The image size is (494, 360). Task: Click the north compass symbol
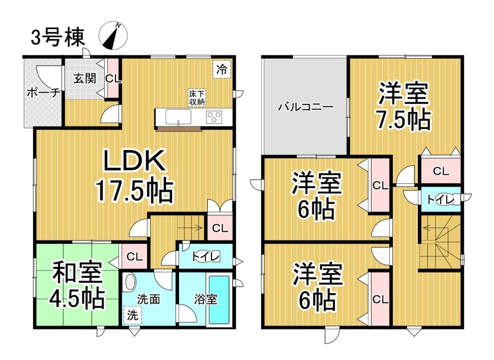pos(113,36)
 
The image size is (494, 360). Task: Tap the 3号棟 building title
pos(58,37)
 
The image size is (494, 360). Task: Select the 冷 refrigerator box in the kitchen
pos(221,69)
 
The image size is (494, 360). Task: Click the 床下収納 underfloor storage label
pos(196,98)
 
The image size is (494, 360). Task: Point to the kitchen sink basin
pos(178,116)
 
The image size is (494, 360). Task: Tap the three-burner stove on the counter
pos(214,117)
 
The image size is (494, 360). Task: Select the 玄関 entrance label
pos(85,78)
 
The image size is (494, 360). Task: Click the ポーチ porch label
pos(44,93)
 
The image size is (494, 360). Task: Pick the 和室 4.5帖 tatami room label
pos(77,285)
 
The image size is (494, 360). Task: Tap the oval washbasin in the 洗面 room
pos(131,283)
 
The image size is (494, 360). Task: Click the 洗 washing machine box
pos(133,315)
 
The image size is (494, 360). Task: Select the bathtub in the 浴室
pos(219,300)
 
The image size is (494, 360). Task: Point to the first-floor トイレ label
pos(206,257)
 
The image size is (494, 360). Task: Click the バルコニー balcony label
pos(305,107)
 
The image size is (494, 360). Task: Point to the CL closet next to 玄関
pos(113,78)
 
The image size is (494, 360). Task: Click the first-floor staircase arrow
pos(190,228)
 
